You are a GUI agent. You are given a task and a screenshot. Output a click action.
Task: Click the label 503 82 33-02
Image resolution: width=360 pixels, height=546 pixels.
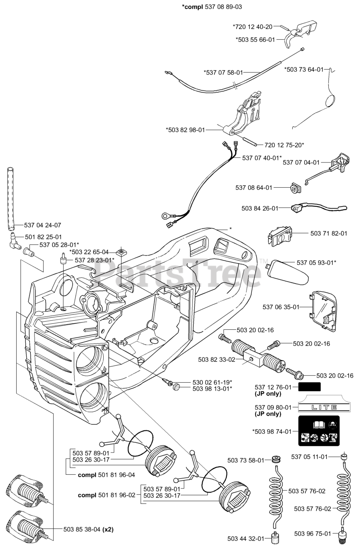(217, 360)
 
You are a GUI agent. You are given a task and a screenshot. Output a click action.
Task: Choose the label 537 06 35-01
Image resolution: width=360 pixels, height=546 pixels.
(281, 307)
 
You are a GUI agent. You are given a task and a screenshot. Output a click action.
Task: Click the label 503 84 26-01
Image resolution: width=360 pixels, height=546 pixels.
(260, 208)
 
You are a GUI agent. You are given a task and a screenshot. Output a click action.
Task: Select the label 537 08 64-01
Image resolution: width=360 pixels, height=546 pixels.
(254, 187)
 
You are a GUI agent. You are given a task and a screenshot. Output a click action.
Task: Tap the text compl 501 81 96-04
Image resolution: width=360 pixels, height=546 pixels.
(107, 474)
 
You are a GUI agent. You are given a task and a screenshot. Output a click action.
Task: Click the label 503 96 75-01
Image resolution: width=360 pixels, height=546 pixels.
(313, 534)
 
